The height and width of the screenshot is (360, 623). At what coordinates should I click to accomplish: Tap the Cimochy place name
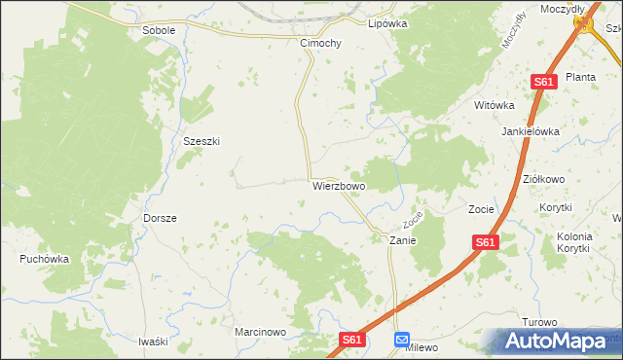320,44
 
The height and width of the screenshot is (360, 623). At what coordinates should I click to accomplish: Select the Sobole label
159,30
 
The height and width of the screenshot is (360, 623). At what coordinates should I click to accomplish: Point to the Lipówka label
386,23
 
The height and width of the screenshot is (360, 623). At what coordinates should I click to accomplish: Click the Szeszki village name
202,141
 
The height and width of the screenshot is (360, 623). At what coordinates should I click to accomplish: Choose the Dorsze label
160,218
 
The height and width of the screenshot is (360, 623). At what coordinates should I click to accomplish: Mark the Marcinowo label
261,332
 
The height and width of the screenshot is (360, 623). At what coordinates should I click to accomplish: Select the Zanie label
403,239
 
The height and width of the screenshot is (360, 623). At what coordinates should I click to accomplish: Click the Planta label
580,77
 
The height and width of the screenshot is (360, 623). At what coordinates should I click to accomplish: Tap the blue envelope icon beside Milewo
402,339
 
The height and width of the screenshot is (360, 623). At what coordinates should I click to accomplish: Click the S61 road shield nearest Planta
543,83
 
